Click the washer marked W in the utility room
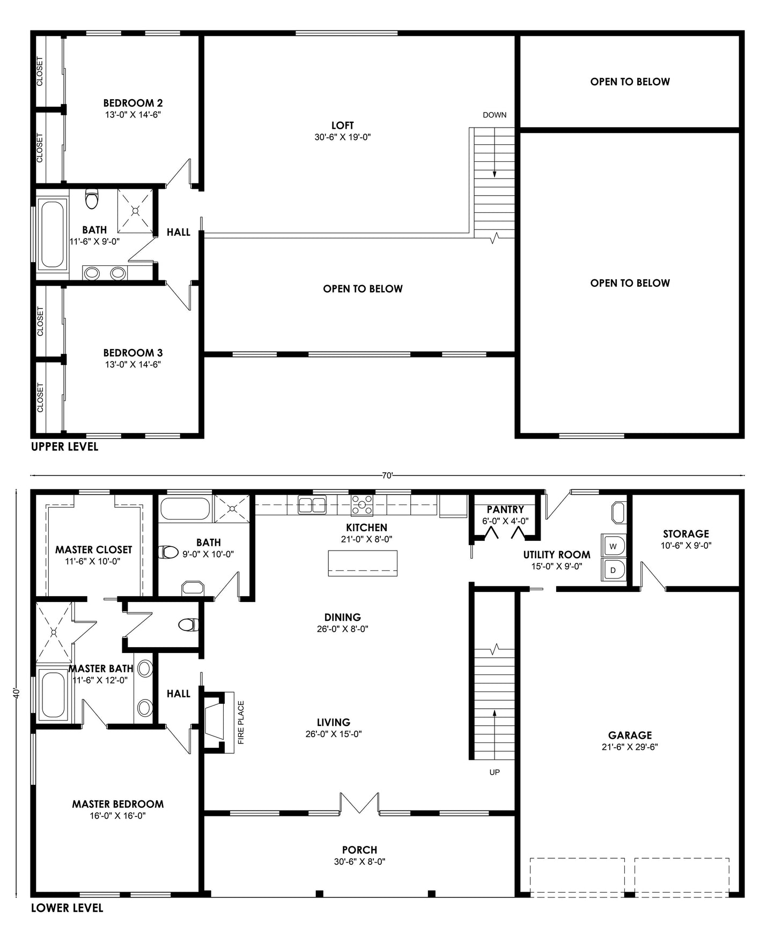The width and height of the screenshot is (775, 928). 614,546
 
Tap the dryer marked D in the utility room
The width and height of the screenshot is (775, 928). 614,570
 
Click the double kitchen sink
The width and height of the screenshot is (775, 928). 312,504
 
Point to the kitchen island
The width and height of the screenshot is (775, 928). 363,563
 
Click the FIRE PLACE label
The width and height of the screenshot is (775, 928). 241,723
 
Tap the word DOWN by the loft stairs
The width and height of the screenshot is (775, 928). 494,115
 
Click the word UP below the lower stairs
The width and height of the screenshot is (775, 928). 494,772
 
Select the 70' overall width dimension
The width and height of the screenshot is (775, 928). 387,475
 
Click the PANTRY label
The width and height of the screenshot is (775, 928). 505,509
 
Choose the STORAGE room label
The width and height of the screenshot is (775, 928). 685,533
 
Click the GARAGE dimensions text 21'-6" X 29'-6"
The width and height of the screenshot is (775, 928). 630,747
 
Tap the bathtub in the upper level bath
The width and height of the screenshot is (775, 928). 53,234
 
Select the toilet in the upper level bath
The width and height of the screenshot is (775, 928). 92,199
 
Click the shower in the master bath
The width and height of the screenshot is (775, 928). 54,632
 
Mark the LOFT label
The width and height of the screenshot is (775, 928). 342,125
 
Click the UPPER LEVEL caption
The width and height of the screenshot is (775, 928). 64,447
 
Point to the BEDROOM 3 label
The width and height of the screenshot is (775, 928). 132,353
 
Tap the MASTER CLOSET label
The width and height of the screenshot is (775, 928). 93,550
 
